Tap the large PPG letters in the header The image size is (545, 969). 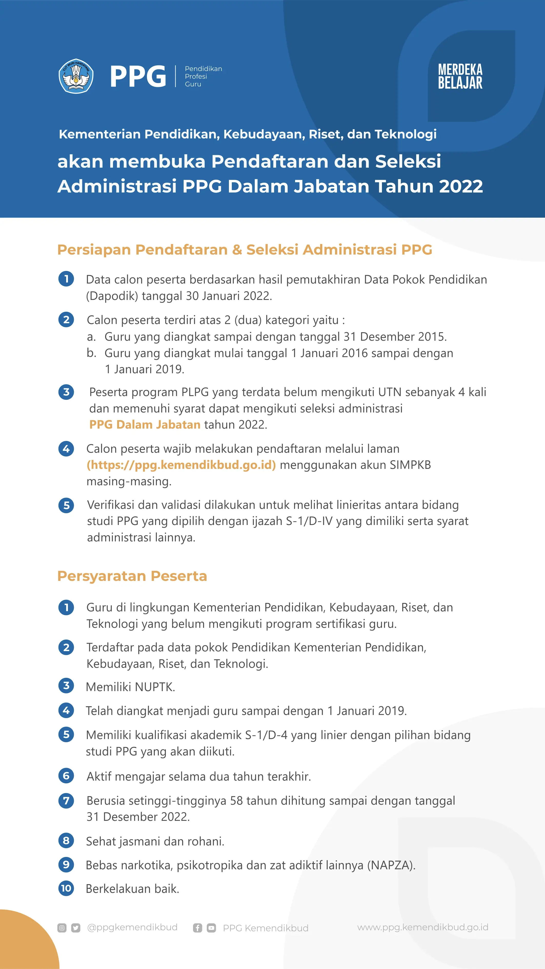(138, 76)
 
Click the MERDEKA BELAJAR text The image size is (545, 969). (460, 76)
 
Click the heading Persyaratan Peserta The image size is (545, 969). (132, 576)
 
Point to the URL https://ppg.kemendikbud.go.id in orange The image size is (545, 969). (181, 465)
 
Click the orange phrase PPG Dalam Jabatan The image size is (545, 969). (145, 425)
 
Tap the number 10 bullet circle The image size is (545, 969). (66, 888)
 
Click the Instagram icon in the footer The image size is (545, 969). (62, 928)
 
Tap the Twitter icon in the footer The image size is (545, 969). (76, 928)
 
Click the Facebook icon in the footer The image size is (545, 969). (197, 928)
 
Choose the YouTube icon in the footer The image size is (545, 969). (211, 928)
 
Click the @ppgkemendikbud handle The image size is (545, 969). (132, 927)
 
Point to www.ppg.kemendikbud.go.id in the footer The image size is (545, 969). (422, 927)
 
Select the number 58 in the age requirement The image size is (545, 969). (237, 801)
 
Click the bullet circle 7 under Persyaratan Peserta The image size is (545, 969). (66, 801)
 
